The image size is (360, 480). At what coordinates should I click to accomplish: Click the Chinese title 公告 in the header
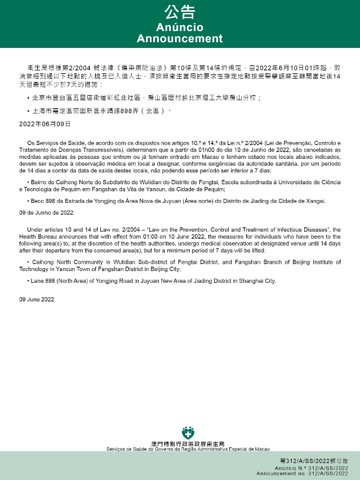point(180,12)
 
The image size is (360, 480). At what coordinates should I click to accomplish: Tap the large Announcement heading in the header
point(180,39)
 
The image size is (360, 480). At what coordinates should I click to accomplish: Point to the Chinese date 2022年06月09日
point(45,123)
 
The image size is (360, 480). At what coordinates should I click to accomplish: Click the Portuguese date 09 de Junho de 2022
point(46,213)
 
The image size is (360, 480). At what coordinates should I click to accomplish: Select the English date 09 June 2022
point(37,299)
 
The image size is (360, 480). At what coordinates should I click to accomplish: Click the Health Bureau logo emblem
point(188,433)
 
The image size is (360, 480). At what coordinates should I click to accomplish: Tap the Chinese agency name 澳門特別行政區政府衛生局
point(188,444)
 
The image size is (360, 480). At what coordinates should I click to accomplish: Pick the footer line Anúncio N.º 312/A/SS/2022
point(311,468)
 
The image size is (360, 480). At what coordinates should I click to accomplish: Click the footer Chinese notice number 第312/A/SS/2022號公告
point(310,461)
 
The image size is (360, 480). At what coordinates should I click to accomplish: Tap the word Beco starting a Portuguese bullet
point(37,201)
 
